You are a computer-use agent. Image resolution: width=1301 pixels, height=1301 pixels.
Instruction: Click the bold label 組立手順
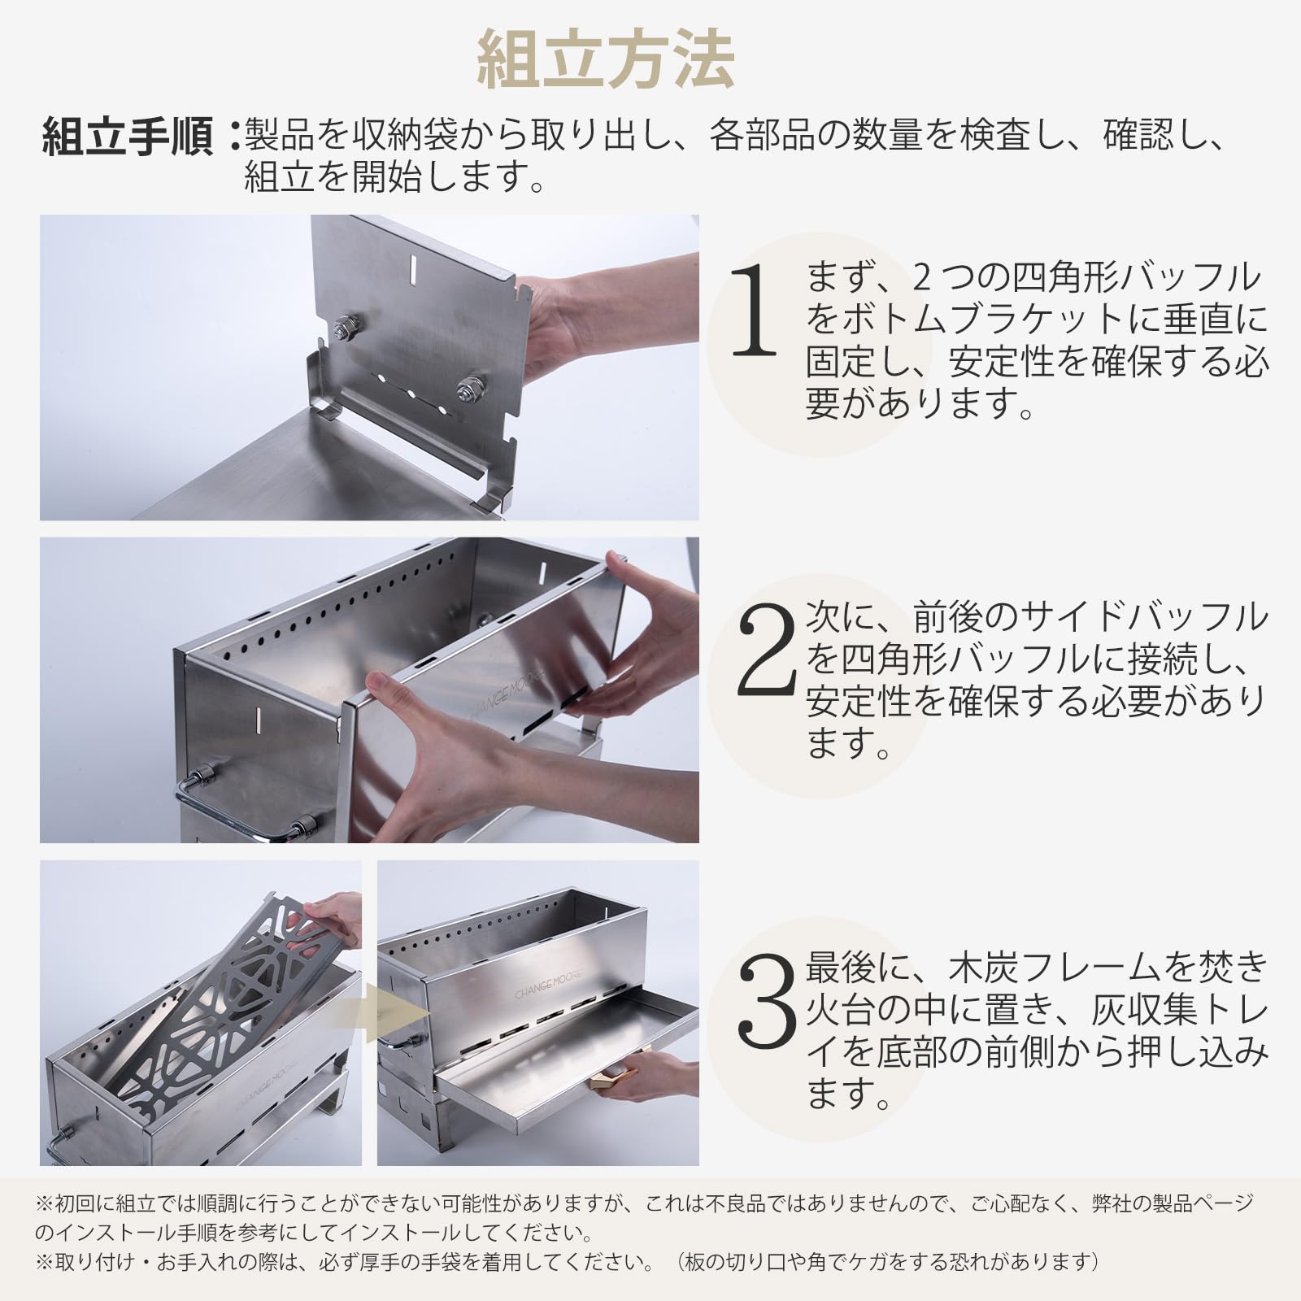coord(128,136)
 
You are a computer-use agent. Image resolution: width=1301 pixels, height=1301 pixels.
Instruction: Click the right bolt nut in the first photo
coord(469,389)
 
